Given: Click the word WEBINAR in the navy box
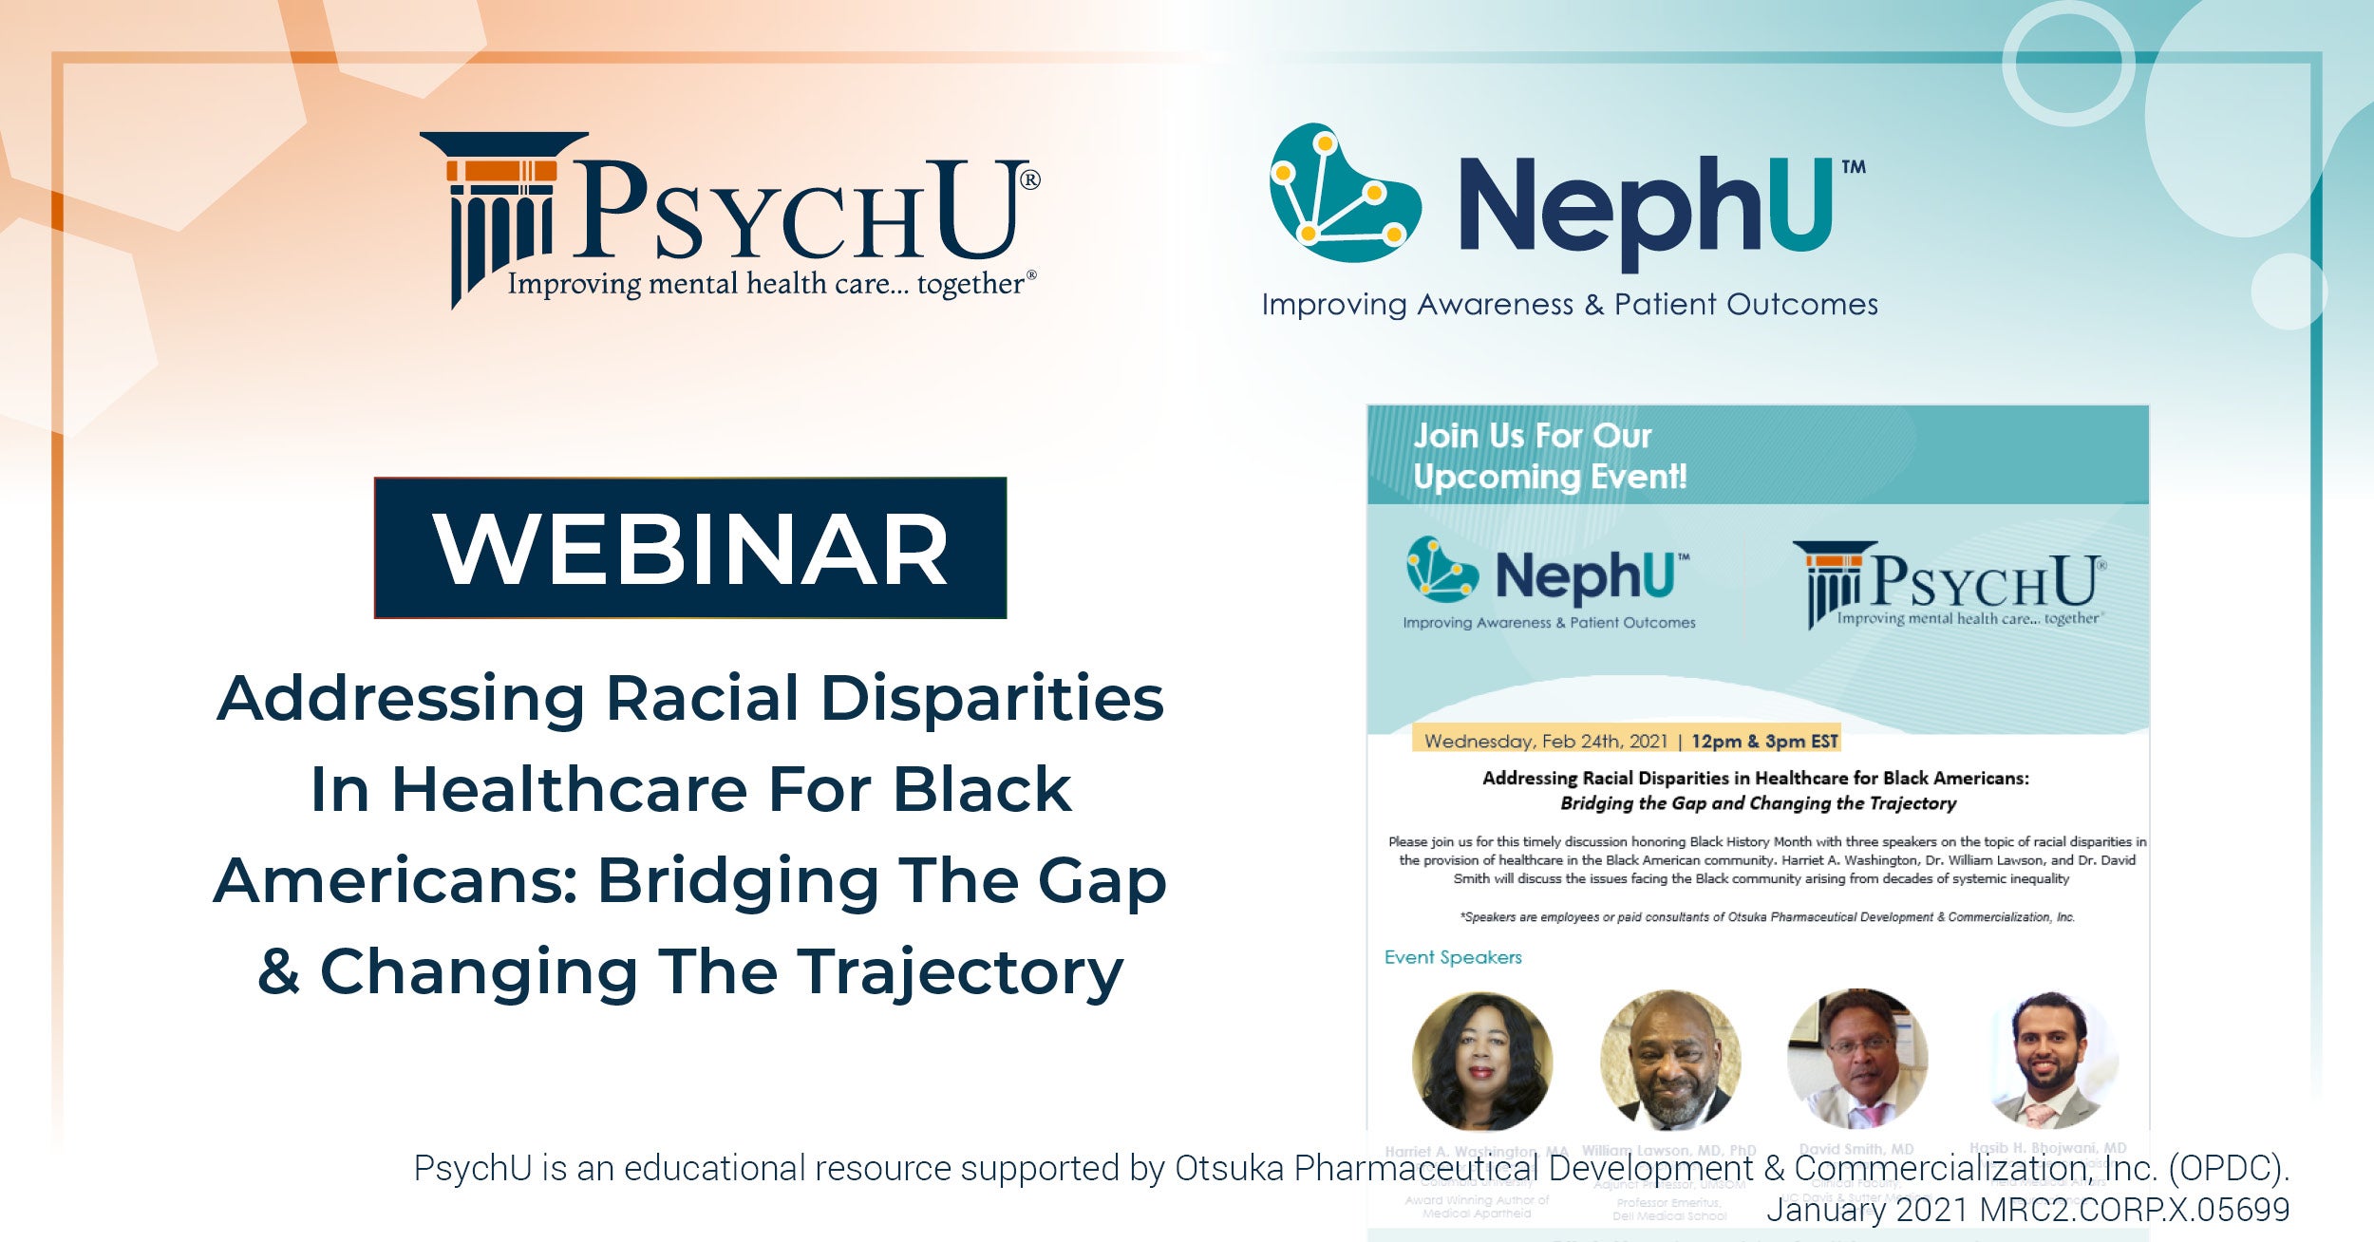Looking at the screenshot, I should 690,549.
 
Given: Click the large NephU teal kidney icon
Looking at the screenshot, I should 1343,195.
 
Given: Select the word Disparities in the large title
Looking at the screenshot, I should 991,699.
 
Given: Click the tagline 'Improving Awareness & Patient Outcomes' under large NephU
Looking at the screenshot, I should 1570,305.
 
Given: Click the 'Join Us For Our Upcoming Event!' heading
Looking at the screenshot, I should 1550,456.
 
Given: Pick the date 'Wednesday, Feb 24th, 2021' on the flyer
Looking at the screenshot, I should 1546,741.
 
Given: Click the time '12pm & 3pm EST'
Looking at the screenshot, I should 1764,741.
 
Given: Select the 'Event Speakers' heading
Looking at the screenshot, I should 1452,957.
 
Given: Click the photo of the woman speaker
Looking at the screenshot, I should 1481,1060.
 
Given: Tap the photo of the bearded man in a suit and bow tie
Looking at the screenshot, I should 1670,1060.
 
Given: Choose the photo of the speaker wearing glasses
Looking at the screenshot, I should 1856,1058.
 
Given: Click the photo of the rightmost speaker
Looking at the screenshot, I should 2050,1060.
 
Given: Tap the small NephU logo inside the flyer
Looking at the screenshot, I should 1548,581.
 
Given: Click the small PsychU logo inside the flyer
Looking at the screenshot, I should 1951,583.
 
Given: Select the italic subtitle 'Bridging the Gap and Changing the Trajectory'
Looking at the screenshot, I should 1758,803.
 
